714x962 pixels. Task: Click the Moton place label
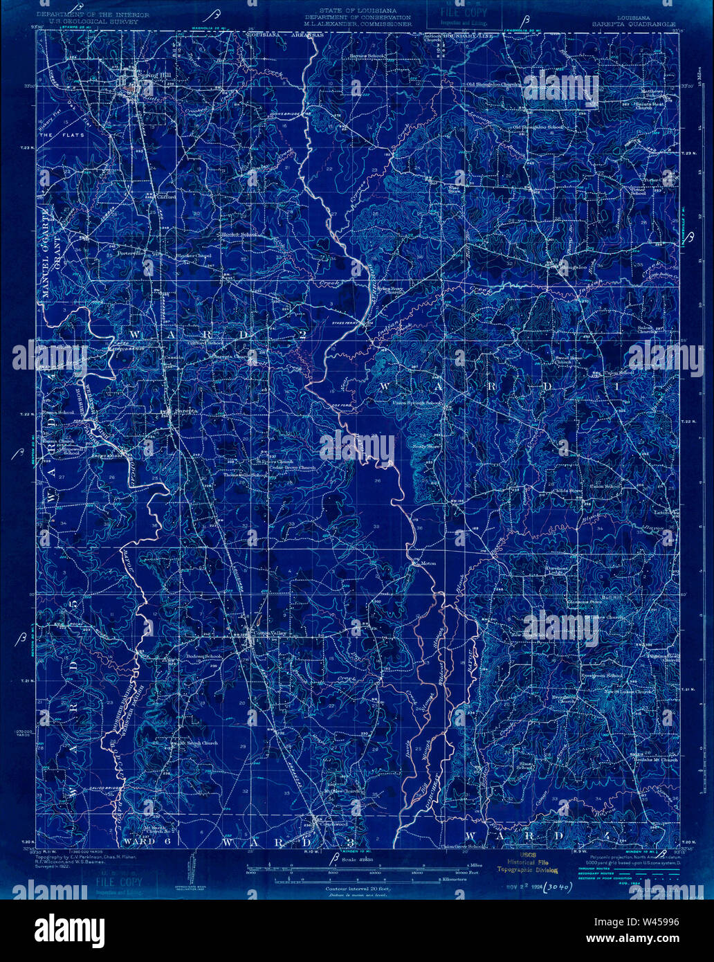point(428,563)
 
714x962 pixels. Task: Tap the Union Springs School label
point(416,403)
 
